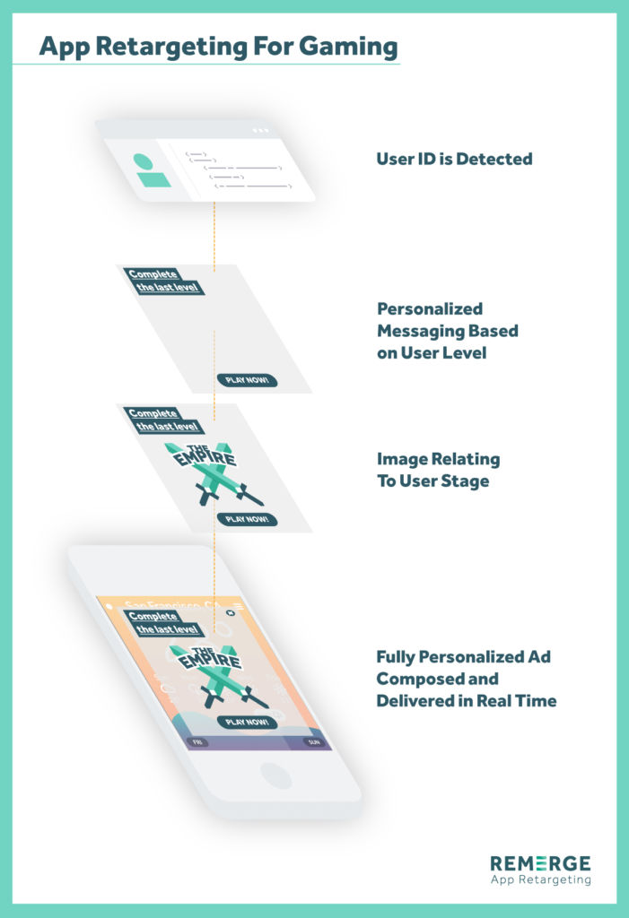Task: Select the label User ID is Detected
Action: [x=454, y=160]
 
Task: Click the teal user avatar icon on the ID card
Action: [x=152, y=170]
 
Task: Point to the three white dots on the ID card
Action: [x=260, y=130]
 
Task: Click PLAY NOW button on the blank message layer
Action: [x=247, y=381]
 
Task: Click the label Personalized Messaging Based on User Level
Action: [x=447, y=331]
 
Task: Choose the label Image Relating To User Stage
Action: [x=438, y=471]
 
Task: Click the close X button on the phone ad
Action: [x=230, y=613]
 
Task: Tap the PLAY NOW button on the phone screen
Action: [x=247, y=722]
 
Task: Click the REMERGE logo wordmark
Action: [x=539, y=863]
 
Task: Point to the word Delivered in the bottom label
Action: [x=415, y=701]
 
